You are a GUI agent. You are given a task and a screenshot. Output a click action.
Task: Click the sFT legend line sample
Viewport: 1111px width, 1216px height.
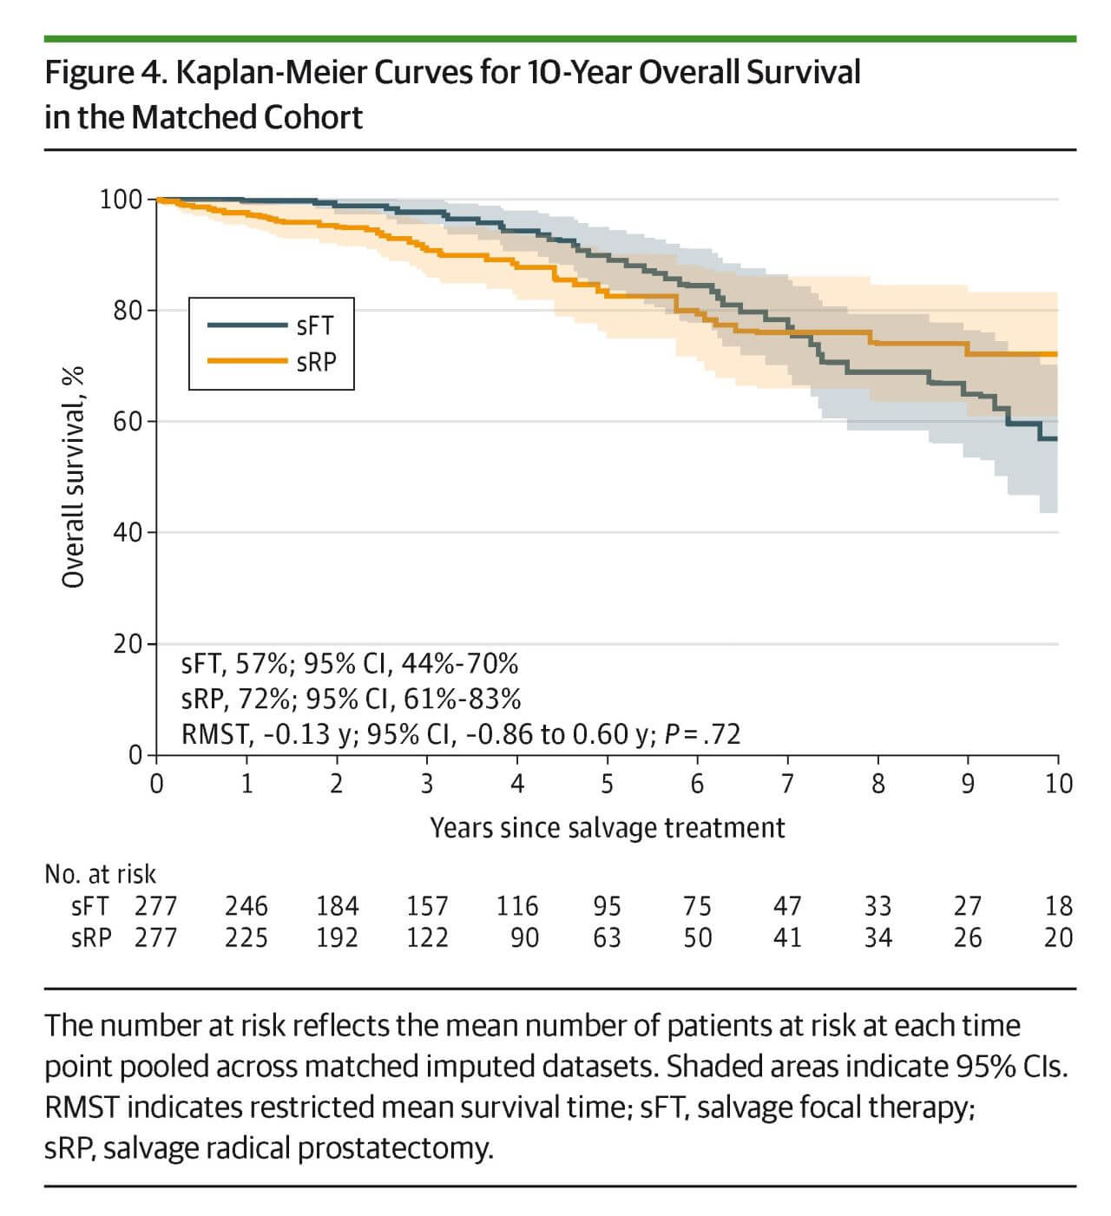coord(247,325)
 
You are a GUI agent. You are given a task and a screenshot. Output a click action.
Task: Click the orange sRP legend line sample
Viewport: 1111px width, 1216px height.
coord(247,360)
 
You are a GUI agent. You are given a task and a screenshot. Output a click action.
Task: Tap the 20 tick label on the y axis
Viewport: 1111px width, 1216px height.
coord(127,644)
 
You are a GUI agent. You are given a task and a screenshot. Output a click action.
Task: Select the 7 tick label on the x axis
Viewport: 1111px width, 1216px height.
coord(787,784)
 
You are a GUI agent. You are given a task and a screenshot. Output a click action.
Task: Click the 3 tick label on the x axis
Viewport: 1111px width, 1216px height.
coord(426,784)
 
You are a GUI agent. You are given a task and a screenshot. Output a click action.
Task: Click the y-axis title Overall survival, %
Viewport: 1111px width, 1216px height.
coord(74,477)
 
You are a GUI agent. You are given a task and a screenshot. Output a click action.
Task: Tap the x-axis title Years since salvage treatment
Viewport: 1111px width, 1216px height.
coord(607,828)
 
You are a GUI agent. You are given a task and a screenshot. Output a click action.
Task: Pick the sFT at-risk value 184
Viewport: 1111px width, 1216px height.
coord(337,906)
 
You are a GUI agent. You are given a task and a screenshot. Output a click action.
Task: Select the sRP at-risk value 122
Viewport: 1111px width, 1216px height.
coord(427,938)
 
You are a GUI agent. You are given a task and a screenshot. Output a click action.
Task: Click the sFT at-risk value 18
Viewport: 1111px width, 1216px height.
coord(1058,906)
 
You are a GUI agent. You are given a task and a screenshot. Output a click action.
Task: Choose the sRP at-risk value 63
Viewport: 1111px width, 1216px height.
coord(607,938)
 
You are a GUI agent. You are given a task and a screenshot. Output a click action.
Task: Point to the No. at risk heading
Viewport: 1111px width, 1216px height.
coord(100,874)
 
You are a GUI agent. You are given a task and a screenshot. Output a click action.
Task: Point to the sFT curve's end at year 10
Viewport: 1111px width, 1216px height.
coord(1055,439)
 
